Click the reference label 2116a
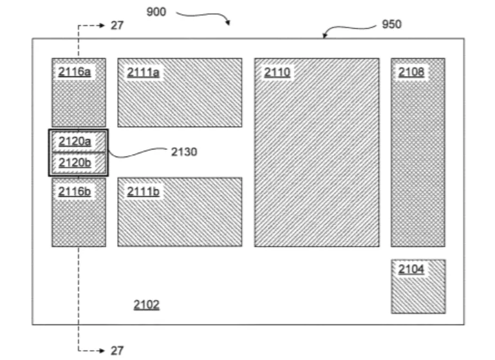click(x=75, y=72)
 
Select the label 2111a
click(x=143, y=72)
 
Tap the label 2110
click(x=277, y=72)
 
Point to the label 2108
click(x=411, y=72)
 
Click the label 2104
click(x=411, y=269)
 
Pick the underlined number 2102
click(x=147, y=305)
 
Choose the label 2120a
click(x=75, y=141)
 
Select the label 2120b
click(x=75, y=163)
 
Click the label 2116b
click(x=75, y=191)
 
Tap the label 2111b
click(x=143, y=191)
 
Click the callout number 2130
click(x=184, y=152)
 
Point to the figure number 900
click(x=156, y=12)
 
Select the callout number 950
click(x=392, y=24)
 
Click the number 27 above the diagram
click(x=117, y=25)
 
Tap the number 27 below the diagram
click(x=117, y=350)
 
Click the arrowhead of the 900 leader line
click(x=229, y=23)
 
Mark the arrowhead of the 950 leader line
click(x=324, y=35)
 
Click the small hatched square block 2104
click(x=418, y=287)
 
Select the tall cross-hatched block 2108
click(x=418, y=152)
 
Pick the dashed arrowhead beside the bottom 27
click(x=101, y=350)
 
